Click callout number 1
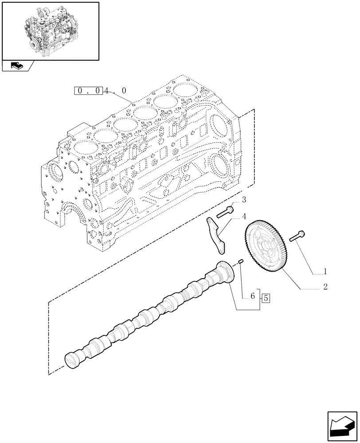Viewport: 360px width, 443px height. pos(325,271)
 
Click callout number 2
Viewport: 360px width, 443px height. pos(325,287)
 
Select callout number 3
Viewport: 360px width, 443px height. pos(243,201)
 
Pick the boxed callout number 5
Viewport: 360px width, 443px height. pos(266,298)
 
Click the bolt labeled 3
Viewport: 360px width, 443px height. pos(225,212)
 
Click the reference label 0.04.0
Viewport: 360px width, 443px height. pos(102,91)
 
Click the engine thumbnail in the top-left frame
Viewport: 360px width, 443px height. pos(50,31)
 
